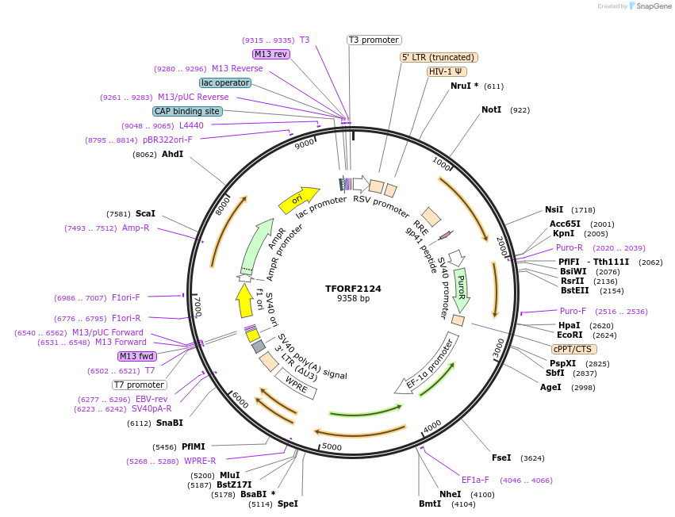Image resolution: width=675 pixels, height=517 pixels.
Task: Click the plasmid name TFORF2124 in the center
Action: [x=353, y=289]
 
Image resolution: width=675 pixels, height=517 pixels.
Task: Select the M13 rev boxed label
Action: [x=270, y=54]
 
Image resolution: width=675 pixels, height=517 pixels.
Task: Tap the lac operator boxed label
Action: [x=225, y=82]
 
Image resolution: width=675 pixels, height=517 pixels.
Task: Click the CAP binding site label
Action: [x=187, y=111]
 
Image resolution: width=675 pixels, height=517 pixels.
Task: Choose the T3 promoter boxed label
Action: [x=374, y=40]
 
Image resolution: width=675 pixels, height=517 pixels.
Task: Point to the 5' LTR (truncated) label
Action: [x=439, y=57]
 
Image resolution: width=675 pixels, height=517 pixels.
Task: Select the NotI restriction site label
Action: [x=491, y=109]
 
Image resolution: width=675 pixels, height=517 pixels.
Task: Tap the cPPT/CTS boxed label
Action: [x=573, y=349]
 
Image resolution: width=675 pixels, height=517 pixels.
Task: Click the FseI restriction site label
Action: [x=501, y=458]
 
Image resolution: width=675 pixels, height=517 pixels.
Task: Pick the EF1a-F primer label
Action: [x=475, y=480]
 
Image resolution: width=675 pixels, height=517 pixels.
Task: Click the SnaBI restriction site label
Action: [x=169, y=423]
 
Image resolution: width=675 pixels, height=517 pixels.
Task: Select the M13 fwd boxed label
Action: [x=137, y=356]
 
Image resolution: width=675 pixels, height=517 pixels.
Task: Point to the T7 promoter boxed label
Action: [x=139, y=385]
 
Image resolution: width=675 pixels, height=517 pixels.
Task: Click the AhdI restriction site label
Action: [x=172, y=154]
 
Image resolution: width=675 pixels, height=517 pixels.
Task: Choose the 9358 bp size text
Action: [x=353, y=299]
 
